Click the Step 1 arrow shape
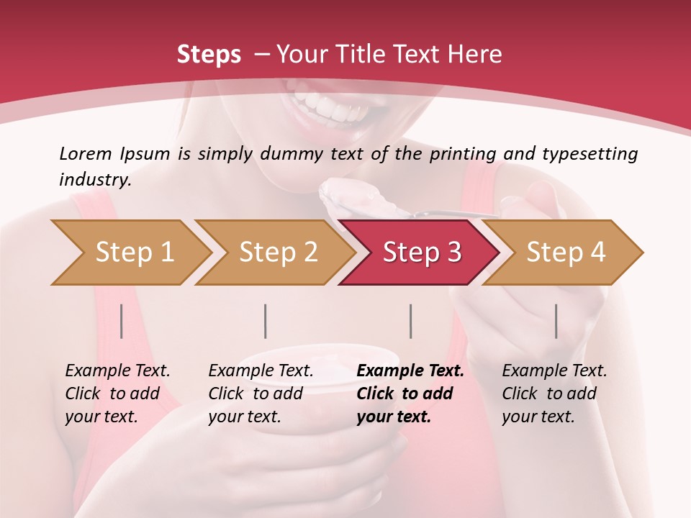click(133, 253)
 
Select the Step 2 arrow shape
click(277, 253)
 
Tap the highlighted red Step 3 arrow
click(421, 253)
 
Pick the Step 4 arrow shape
click(565, 253)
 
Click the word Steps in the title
click(209, 55)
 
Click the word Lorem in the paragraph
click(85, 154)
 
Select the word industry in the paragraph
click(94, 180)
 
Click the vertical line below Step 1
click(122, 321)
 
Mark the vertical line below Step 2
click(266, 321)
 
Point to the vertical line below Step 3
click(410, 321)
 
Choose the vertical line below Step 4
click(556, 321)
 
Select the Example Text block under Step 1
click(117, 394)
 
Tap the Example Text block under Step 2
click(261, 394)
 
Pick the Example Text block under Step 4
click(554, 394)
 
